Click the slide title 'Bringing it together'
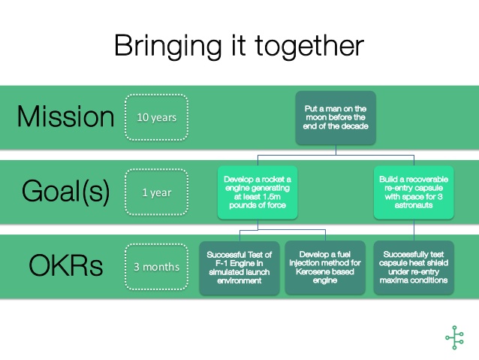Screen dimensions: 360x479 239,46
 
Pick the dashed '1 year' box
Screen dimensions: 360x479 156,192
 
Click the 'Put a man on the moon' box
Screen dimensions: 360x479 335,118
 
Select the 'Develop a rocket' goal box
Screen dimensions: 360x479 257,192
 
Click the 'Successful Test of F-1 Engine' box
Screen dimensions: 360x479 239,268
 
